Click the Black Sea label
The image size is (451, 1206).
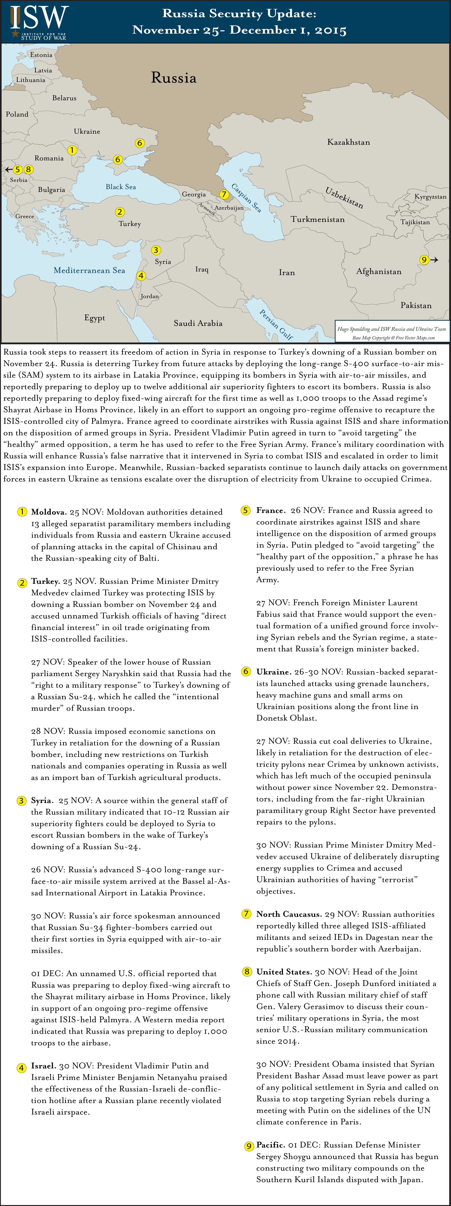click(121, 187)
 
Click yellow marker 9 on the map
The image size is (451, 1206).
click(424, 260)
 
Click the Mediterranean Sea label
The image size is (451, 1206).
click(90, 271)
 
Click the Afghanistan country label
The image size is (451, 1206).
click(379, 271)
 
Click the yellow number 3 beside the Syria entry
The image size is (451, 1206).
click(22, 801)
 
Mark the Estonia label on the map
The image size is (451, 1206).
click(41, 55)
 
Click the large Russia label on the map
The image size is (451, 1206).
click(174, 78)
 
